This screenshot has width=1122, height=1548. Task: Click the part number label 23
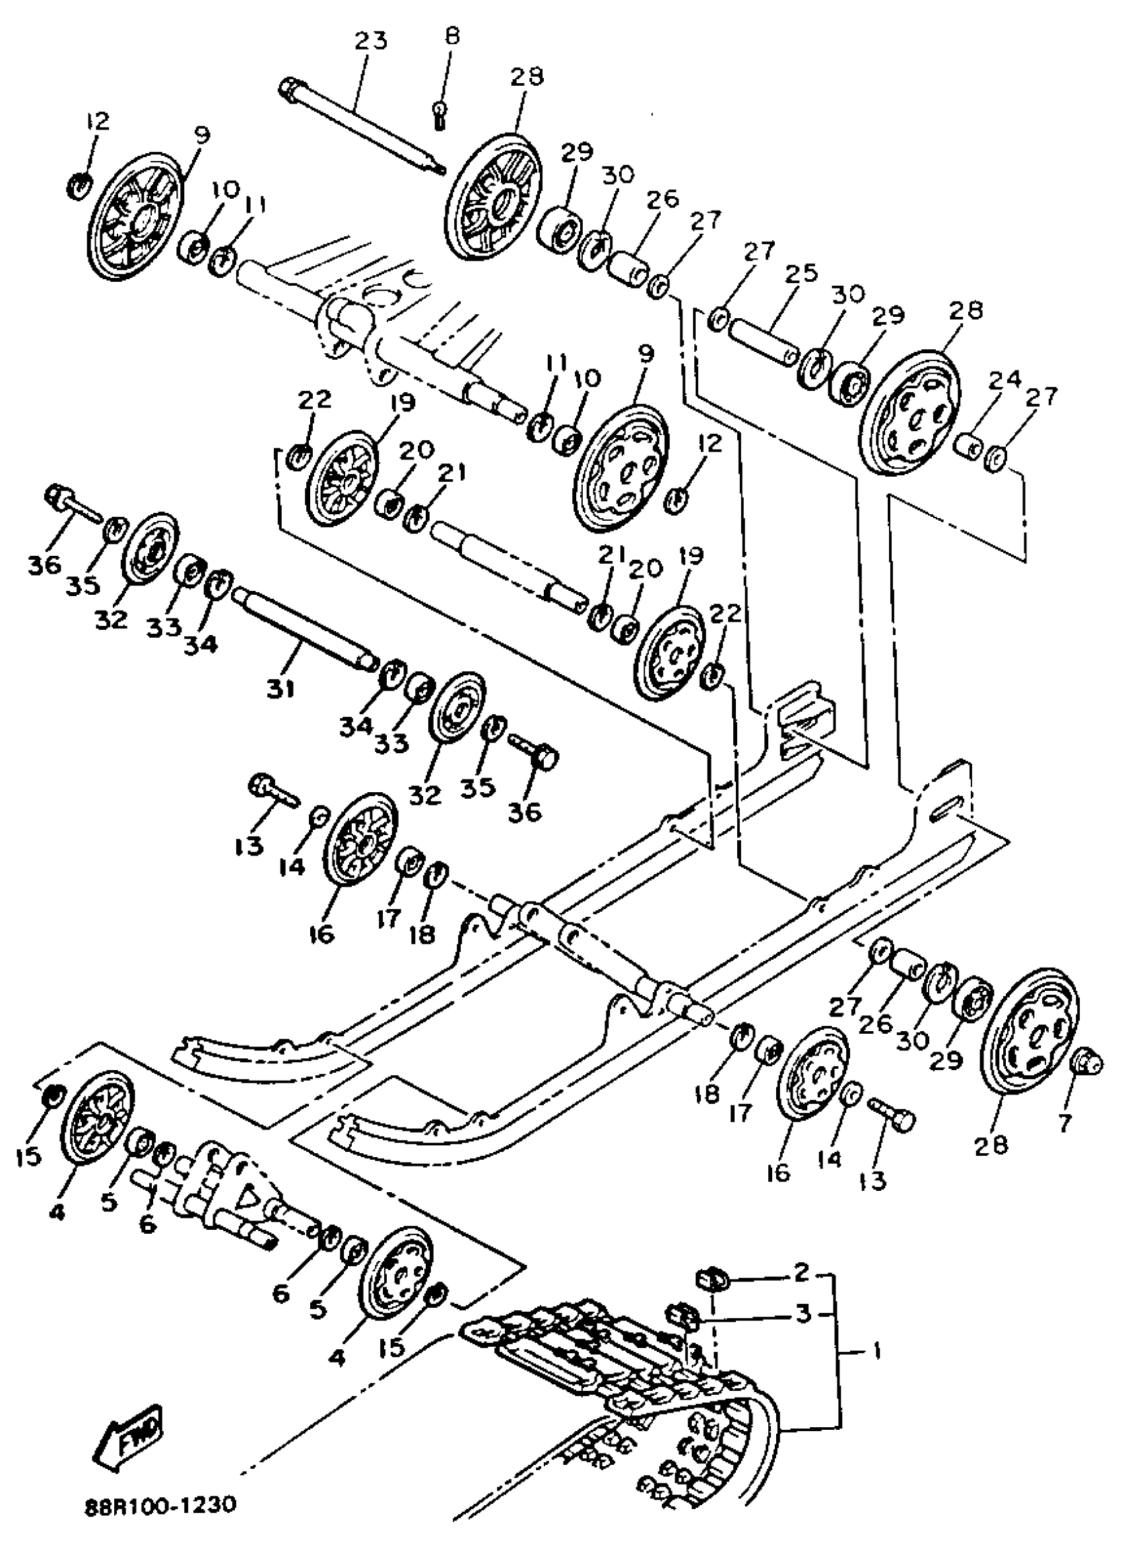click(370, 41)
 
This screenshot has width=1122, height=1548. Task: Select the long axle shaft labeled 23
click(362, 127)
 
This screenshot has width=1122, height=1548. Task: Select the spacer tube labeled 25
click(762, 339)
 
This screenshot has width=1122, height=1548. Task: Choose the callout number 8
click(453, 36)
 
